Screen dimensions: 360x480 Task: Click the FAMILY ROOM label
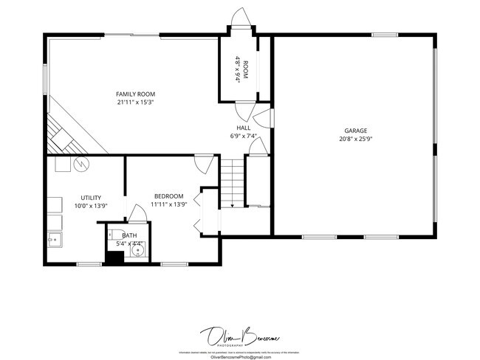tap(135, 94)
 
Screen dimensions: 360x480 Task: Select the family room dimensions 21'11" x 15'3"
tap(135, 103)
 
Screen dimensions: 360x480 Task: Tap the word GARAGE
tap(355, 130)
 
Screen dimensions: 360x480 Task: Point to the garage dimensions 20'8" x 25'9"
tap(355, 139)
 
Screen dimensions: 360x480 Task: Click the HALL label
tap(243, 128)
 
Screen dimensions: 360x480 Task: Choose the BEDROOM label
tap(168, 195)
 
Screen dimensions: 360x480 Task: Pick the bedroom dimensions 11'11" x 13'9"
tap(168, 204)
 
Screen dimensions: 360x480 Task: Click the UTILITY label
tap(91, 197)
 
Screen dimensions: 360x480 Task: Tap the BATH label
tap(129, 235)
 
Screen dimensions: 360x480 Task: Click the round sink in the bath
tap(136, 251)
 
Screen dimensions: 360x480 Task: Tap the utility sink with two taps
tap(54, 239)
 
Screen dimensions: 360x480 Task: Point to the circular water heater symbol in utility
tap(81, 163)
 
